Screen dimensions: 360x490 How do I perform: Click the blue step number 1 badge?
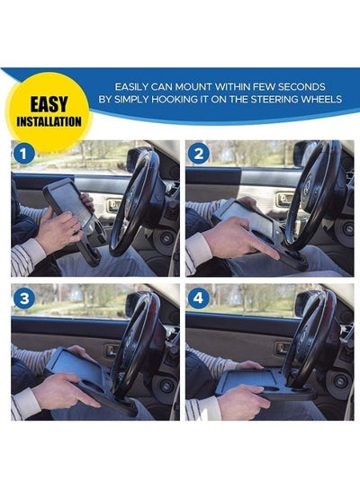point(23,154)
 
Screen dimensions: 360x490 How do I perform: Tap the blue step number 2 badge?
point(198,153)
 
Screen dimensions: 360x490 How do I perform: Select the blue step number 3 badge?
point(23,298)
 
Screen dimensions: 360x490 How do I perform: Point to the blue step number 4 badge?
point(198,298)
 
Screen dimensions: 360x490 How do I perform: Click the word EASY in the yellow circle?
point(49,104)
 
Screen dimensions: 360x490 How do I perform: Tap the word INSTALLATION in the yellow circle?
point(49,121)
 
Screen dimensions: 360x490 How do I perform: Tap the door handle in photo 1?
point(112,205)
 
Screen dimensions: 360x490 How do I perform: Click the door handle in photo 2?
point(284,198)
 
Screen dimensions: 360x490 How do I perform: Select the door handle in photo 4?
point(283,348)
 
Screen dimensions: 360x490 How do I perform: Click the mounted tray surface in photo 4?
point(250,379)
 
